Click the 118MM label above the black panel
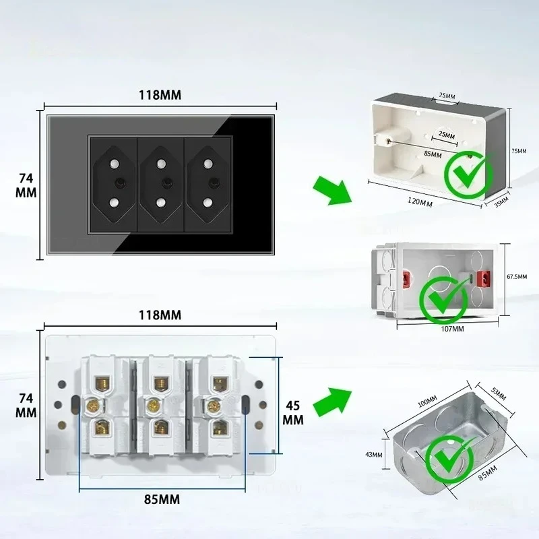[x=160, y=95]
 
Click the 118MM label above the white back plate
[x=160, y=315]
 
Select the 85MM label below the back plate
[x=160, y=499]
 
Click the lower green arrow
[x=333, y=402]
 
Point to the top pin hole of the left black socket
[x=115, y=164]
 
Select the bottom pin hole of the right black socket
[x=208, y=201]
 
